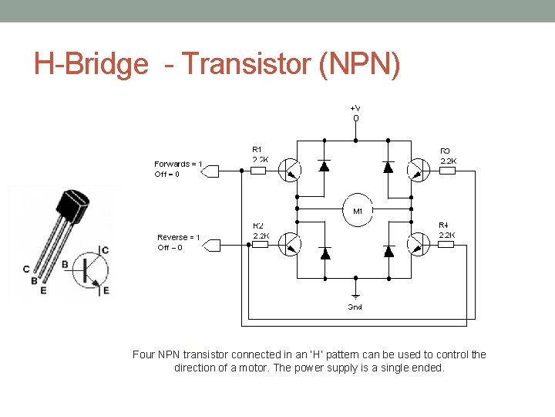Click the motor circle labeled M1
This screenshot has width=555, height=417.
(x=358, y=211)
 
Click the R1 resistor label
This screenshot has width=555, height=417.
(x=257, y=149)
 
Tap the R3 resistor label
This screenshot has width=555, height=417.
(x=446, y=151)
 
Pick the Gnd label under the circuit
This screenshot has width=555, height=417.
(x=355, y=307)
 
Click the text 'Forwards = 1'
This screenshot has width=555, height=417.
(x=178, y=164)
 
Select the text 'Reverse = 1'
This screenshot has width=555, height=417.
(x=179, y=237)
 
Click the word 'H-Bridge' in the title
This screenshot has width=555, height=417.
(x=90, y=64)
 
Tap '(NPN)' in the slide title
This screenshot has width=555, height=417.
(x=358, y=64)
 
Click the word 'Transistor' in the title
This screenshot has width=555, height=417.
(x=244, y=64)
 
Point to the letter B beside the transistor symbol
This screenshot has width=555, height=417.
(x=65, y=265)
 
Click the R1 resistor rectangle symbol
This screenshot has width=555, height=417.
(x=258, y=171)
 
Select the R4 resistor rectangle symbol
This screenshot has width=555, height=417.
(x=446, y=245)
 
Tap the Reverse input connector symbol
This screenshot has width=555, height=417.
(x=210, y=246)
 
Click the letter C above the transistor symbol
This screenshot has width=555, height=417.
(x=105, y=250)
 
